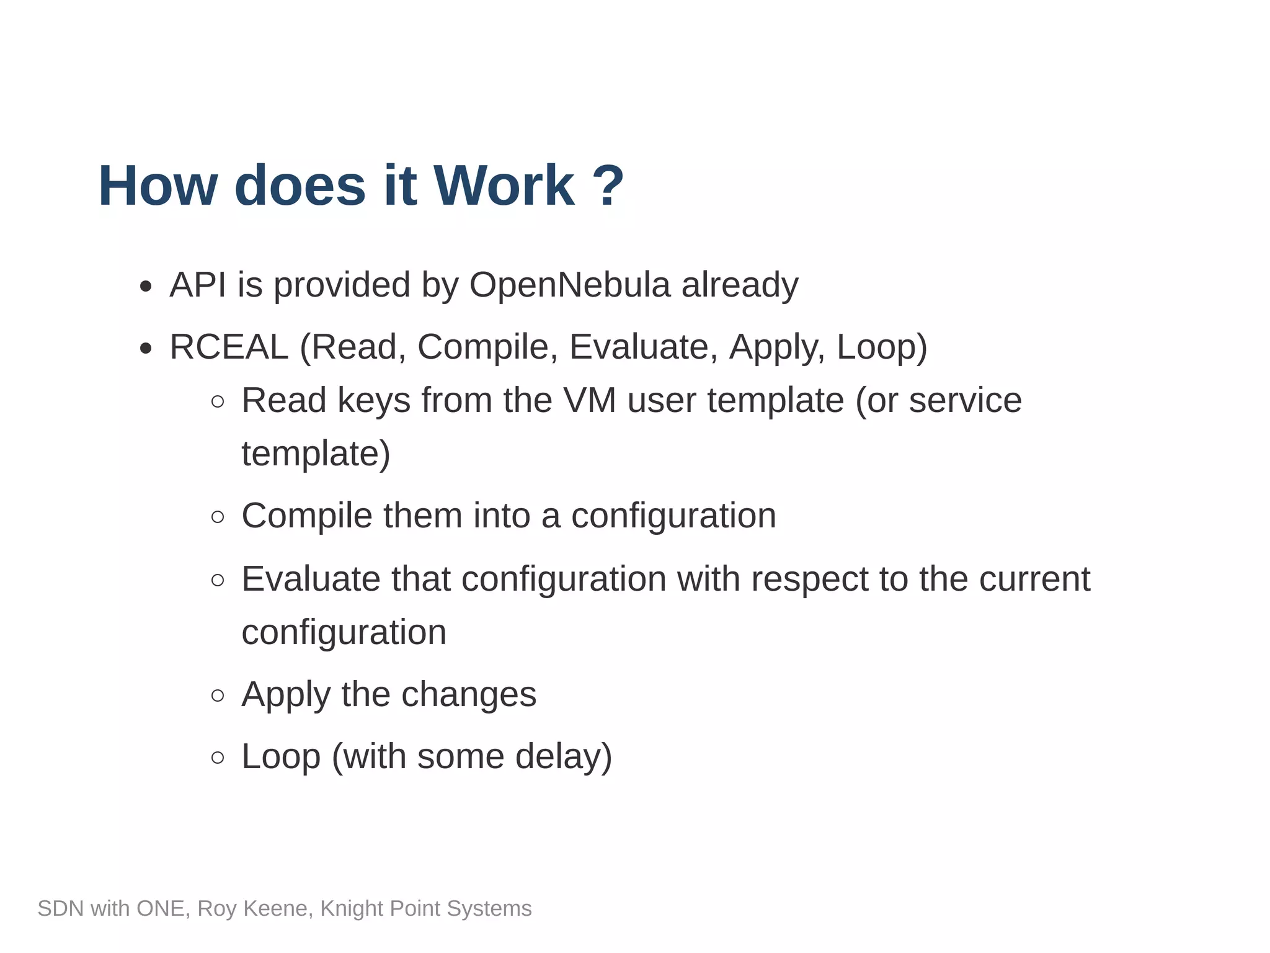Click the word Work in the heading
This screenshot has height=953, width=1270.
click(x=504, y=186)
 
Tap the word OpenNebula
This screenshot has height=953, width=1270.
click(x=569, y=285)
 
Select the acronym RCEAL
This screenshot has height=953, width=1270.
click(x=229, y=347)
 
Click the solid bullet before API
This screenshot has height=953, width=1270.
click(x=146, y=287)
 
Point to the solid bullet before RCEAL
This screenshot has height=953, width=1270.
click(x=146, y=349)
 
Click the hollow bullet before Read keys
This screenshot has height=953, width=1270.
click(x=218, y=402)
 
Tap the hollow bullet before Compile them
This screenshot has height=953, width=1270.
click(x=218, y=517)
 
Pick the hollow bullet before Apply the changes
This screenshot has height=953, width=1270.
click(x=218, y=696)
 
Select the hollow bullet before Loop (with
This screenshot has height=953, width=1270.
click(x=218, y=758)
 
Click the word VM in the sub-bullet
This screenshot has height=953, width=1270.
click(x=589, y=400)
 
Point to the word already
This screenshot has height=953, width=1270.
click(x=739, y=285)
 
